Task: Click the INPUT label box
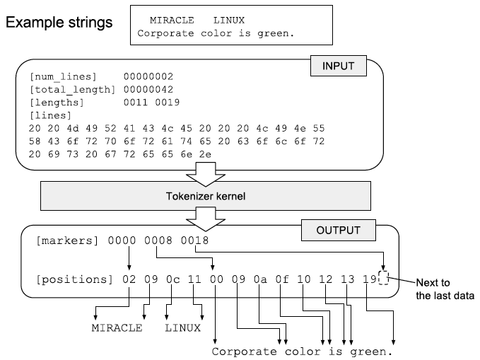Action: pos(339,67)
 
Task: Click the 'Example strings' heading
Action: pos(59,23)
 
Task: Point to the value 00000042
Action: pos(148,89)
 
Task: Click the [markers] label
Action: pos(69,242)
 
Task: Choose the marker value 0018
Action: pos(194,242)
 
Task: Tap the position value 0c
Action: pos(173,279)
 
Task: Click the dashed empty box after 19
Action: pos(384,279)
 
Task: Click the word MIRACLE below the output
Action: pos(117,328)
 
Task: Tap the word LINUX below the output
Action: pos(183,328)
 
